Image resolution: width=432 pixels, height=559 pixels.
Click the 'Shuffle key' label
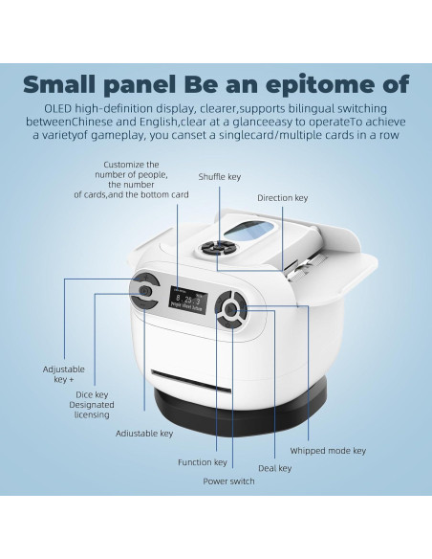click(x=219, y=177)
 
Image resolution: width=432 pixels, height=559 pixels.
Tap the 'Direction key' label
click(x=283, y=198)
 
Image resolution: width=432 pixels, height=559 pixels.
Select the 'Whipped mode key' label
click(x=328, y=451)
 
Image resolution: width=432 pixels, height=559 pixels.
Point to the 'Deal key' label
click(x=274, y=468)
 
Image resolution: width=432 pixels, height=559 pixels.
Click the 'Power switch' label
click(x=228, y=481)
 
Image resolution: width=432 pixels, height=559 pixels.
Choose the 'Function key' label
click(x=203, y=462)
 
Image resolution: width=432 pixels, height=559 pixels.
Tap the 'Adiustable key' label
click(x=144, y=434)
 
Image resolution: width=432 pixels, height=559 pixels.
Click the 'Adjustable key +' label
click(x=64, y=374)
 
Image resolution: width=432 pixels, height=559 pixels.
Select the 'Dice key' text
click(x=92, y=394)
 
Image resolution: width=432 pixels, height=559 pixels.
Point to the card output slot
click(x=191, y=381)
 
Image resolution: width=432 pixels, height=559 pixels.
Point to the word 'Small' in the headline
click(x=59, y=84)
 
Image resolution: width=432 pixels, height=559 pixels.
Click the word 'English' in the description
click(x=158, y=123)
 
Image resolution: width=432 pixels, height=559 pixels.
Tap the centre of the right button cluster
click(x=230, y=309)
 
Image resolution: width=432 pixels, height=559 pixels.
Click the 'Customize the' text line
click(x=131, y=165)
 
